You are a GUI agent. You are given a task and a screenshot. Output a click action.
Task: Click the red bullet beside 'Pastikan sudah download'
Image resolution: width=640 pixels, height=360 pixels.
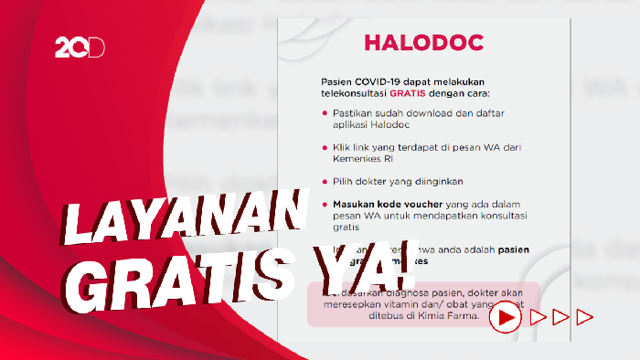(313, 113)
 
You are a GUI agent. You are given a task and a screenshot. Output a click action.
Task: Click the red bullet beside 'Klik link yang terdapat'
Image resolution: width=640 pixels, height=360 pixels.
(313, 147)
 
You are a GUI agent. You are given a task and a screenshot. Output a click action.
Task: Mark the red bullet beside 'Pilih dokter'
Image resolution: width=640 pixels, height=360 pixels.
(313, 181)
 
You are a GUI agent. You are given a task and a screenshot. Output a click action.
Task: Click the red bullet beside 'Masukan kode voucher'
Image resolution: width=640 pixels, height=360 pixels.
(313, 204)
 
